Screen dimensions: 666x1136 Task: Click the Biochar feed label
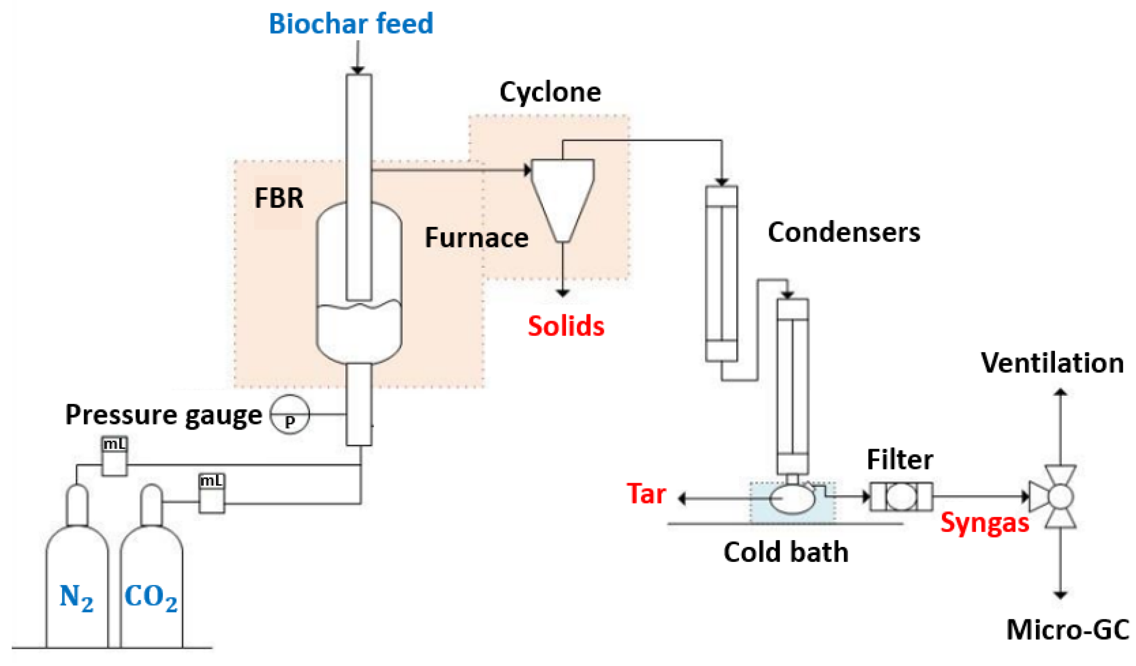click(x=351, y=24)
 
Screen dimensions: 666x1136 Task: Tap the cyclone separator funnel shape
click(x=562, y=195)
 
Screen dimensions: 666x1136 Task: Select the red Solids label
click(x=566, y=326)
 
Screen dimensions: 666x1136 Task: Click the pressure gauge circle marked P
click(x=290, y=414)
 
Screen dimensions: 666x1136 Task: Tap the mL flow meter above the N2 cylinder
click(x=114, y=456)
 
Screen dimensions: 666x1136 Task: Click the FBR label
click(x=278, y=198)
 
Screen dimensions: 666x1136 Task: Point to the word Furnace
click(x=476, y=238)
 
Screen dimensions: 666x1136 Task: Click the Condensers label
click(x=844, y=233)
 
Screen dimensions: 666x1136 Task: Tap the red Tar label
click(x=646, y=494)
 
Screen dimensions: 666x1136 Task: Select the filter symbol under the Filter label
click(x=901, y=497)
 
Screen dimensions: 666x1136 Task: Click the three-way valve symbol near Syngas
click(x=1060, y=497)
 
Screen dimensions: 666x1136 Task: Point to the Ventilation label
click(x=1052, y=363)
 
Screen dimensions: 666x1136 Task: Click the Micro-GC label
click(x=1067, y=630)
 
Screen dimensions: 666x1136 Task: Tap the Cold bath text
click(x=786, y=552)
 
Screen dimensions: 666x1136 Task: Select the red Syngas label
click(x=985, y=523)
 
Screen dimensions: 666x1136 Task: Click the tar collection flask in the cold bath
click(x=792, y=498)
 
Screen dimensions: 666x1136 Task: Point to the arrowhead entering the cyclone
click(x=527, y=170)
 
